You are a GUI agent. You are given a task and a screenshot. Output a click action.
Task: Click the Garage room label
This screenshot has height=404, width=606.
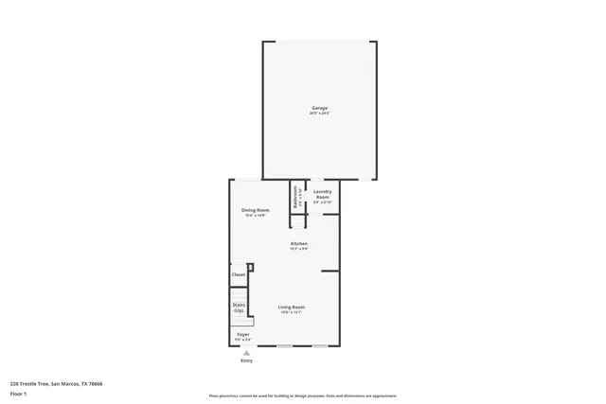[x=319, y=108]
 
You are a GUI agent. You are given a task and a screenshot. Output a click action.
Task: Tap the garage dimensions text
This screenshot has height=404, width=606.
[x=319, y=114]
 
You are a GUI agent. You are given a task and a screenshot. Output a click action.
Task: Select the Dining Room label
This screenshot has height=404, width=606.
[x=255, y=209]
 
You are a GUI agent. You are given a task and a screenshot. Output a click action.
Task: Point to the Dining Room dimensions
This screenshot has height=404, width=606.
[x=255, y=215]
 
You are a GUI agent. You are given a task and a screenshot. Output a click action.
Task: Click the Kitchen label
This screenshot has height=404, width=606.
[x=298, y=243]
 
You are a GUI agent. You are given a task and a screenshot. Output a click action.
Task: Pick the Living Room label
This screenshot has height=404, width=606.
[x=291, y=307]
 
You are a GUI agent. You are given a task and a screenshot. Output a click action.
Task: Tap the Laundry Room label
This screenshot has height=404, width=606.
[x=322, y=193]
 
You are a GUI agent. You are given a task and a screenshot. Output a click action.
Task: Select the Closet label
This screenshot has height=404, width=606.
[x=239, y=274]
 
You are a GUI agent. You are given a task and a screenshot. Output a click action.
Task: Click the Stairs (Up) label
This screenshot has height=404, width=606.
[x=239, y=307]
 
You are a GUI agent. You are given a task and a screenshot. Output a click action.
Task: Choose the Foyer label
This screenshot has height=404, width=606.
[x=243, y=334]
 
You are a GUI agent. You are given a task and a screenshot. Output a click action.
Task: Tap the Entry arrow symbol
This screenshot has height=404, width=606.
[x=246, y=353]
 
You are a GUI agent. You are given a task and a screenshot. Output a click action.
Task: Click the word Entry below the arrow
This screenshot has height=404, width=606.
[x=246, y=360]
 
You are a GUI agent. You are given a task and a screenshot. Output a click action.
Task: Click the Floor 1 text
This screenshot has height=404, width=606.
[x=19, y=393]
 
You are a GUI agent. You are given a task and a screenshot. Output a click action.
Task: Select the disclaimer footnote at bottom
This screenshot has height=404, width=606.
[x=302, y=395]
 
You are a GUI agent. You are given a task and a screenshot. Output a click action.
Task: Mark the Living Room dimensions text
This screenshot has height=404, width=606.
[x=291, y=312]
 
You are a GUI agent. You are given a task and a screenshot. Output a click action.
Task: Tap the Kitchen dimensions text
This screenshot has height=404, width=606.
[x=298, y=249]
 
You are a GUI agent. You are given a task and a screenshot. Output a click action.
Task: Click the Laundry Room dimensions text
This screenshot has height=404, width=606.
[x=322, y=202]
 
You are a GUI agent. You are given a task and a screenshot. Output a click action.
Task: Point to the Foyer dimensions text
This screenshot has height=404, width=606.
[x=243, y=339]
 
